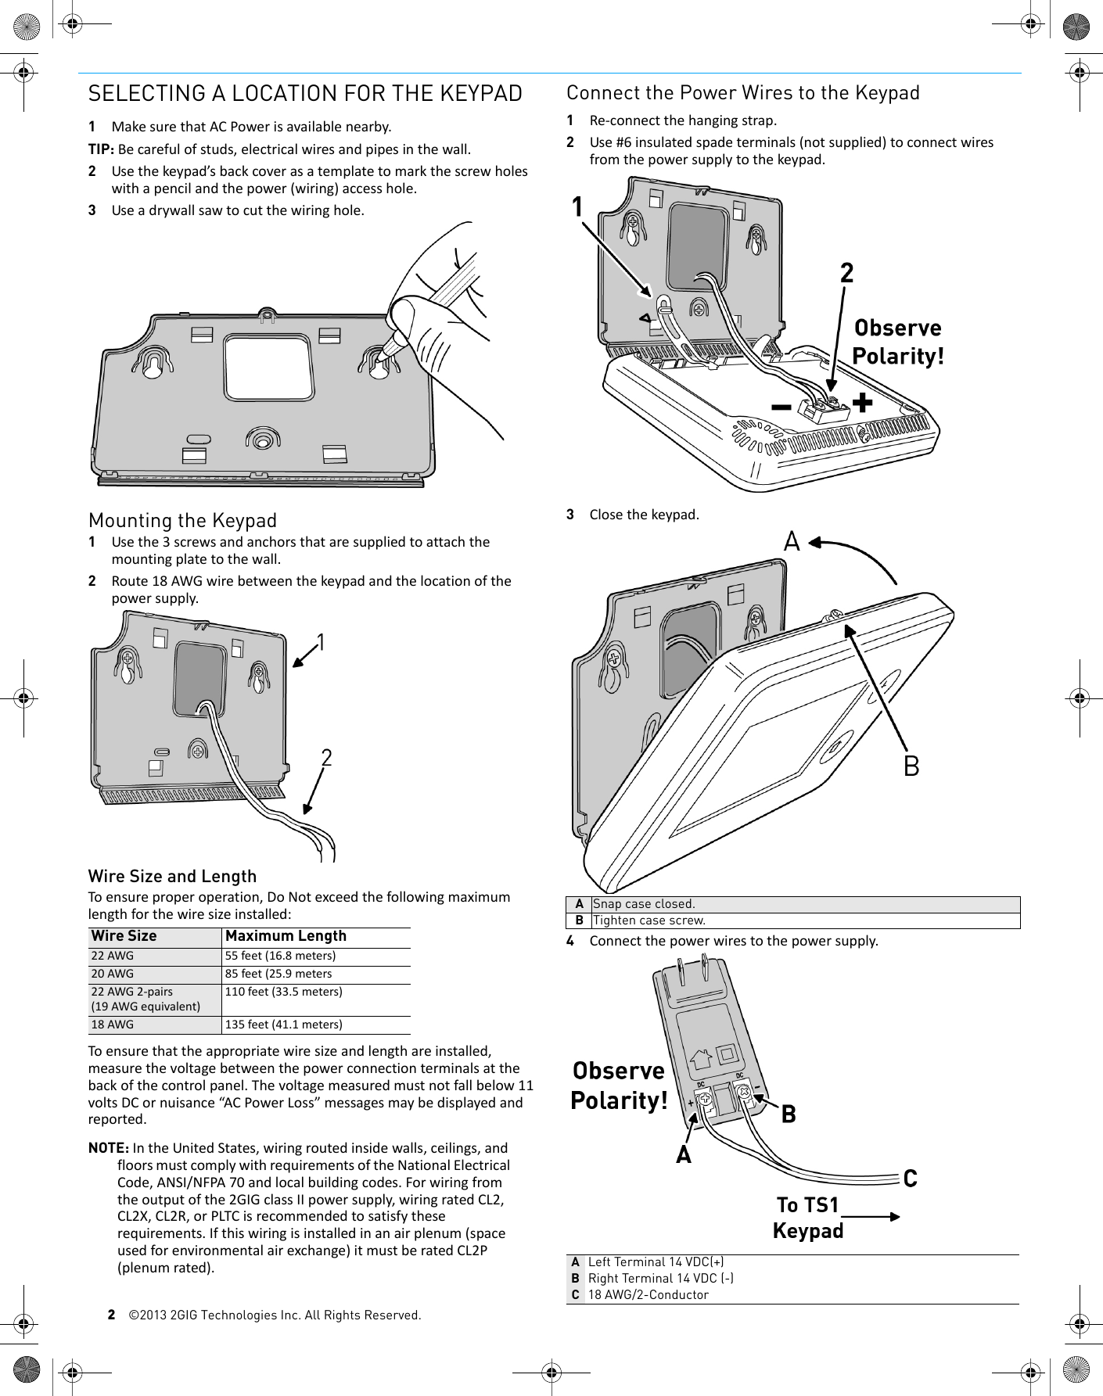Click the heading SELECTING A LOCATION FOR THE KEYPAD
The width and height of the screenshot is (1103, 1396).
(305, 94)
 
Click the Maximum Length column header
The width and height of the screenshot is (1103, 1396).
(286, 936)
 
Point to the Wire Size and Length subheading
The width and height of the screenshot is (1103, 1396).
(172, 876)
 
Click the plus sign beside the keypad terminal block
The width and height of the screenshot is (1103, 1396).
(862, 403)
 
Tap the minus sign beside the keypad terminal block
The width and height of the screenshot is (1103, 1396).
(780, 407)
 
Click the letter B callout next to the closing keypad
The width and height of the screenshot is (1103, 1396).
(911, 766)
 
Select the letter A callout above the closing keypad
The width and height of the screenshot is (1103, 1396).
(792, 541)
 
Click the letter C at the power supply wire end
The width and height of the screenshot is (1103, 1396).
(910, 1178)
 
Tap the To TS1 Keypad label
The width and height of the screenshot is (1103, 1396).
(808, 1218)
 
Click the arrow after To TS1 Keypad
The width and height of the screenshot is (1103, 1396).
(872, 1216)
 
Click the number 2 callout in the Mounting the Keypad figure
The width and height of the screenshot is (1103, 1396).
(326, 757)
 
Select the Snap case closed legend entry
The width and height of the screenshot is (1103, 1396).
(644, 904)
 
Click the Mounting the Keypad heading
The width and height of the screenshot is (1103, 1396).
(183, 520)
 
